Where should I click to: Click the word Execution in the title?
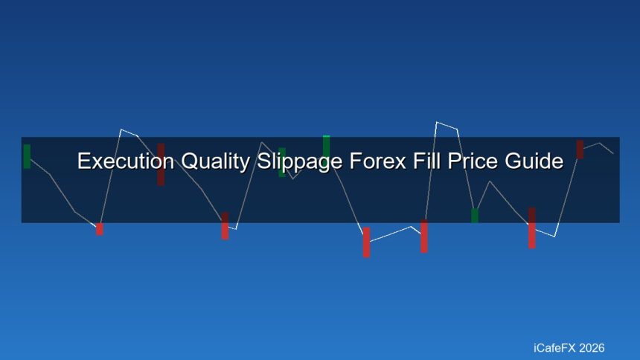[117, 161]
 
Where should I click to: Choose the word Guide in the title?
[533, 161]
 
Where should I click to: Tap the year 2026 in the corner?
[592, 348]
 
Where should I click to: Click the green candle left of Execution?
[27, 156]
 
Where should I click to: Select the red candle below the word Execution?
[100, 229]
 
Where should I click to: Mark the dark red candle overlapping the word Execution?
[161, 164]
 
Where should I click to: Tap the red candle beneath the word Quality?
[225, 226]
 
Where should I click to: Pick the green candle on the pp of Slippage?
[282, 162]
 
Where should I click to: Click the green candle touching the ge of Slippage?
[326, 147]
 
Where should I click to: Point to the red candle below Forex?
[366, 242]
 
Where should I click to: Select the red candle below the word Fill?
[424, 237]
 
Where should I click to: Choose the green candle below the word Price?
[475, 216]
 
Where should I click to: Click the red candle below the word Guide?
[532, 228]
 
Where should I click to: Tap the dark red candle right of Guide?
[580, 149]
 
